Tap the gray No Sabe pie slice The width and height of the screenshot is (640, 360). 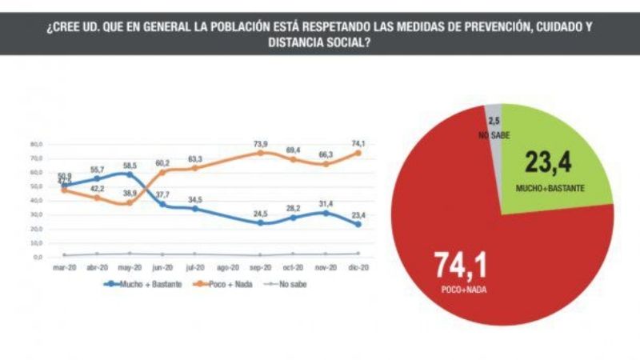coord(495,120)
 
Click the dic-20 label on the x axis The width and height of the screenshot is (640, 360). coord(358,269)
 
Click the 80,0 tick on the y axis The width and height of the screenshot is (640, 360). coord(36,145)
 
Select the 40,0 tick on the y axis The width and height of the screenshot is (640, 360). coord(36,201)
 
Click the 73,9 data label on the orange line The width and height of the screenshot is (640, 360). coord(261,144)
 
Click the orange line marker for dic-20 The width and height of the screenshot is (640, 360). coord(358,153)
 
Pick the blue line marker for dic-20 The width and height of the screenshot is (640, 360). coord(358,224)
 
